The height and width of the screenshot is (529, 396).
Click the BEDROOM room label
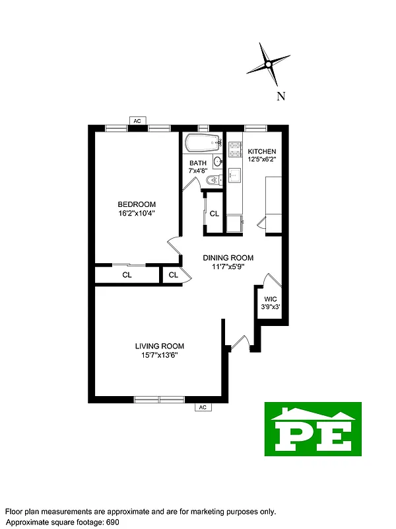[x=137, y=204]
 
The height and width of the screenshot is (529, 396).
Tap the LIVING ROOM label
[x=159, y=346]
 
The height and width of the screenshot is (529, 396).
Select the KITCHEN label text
[x=262, y=151]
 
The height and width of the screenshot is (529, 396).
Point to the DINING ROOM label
[x=228, y=258]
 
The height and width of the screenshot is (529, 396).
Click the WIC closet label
[x=271, y=298]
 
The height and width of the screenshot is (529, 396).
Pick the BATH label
[x=198, y=163]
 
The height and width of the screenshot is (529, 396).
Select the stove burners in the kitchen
[x=234, y=149]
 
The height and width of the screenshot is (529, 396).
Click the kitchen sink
[x=234, y=175]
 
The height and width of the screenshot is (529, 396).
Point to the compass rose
[x=267, y=65]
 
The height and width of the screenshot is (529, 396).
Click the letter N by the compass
[x=280, y=97]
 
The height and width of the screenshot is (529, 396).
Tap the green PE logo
[x=313, y=428]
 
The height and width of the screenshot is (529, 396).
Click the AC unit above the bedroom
[x=137, y=121]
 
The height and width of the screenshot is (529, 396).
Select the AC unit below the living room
[x=203, y=407]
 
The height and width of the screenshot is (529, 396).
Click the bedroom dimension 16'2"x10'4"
[x=137, y=213]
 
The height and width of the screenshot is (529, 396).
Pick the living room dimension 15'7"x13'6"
[x=159, y=355]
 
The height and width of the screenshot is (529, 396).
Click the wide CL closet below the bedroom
[x=127, y=274]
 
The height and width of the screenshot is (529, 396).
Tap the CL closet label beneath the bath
[x=214, y=214]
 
